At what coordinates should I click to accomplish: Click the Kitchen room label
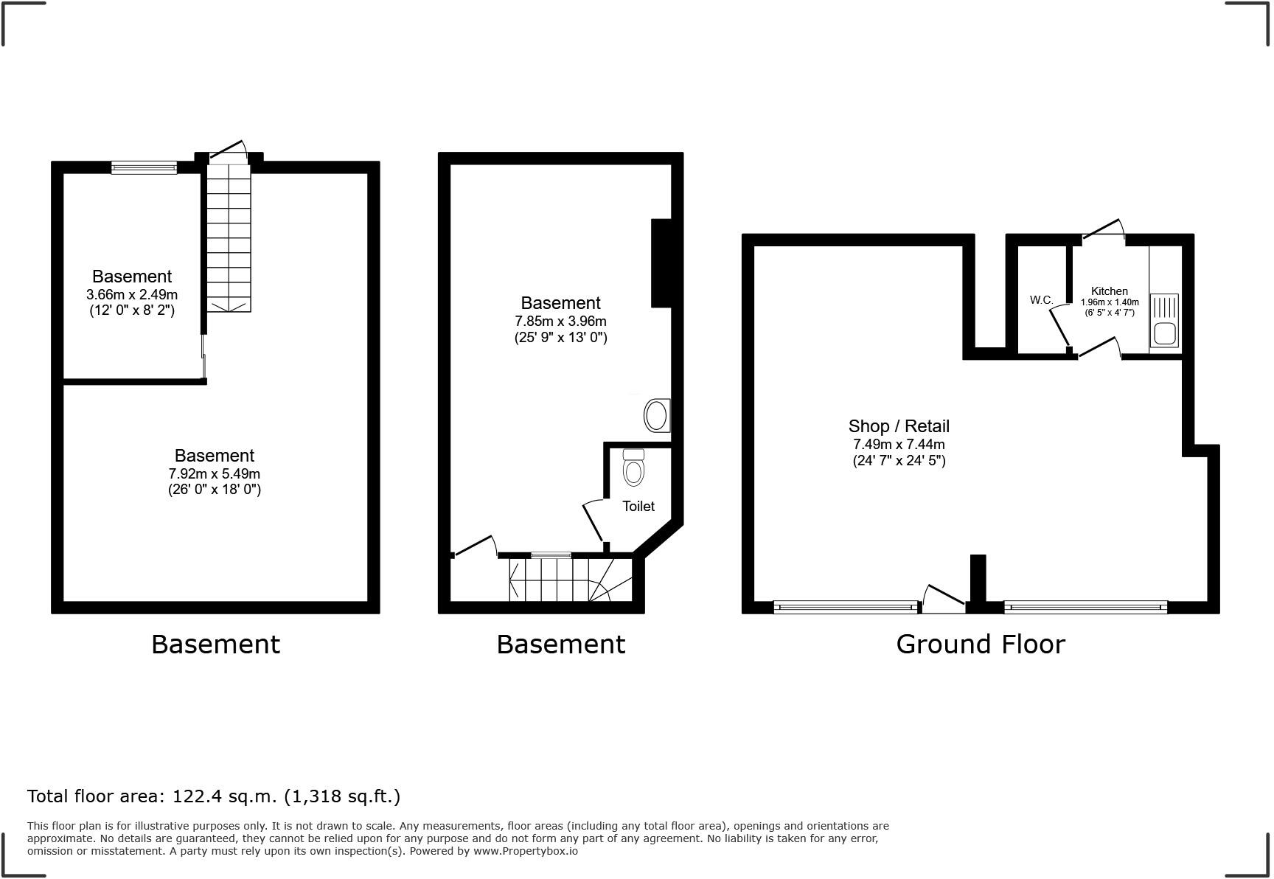[1109, 291]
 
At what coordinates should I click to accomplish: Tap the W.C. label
[1041, 300]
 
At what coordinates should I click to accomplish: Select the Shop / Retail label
[899, 426]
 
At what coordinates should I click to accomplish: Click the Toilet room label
[638, 506]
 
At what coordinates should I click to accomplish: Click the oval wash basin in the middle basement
[657, 416]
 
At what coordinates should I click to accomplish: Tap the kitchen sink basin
[1165, 334]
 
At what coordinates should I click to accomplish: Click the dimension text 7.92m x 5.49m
[215, 473]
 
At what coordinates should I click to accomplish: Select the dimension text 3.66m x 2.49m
[132, 294]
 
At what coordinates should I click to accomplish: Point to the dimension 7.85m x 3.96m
[560, 322]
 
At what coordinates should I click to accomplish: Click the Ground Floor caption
[981, 645]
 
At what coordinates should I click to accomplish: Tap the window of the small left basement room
[145, 167]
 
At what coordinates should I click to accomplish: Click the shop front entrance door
[944, 599]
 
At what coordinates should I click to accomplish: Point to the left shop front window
[846, 608]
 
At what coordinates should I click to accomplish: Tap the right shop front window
[1086, 608]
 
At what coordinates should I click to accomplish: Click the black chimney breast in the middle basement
[661, 263]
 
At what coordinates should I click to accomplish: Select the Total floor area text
[214, 796]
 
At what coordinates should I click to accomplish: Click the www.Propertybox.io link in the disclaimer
[526, 851]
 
